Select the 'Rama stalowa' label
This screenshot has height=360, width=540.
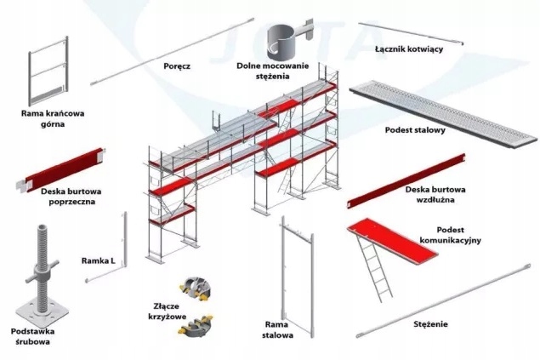coord(278,329)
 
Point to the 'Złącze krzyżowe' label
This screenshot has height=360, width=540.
coord(165,310)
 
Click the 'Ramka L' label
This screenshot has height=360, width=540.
coord(98,260)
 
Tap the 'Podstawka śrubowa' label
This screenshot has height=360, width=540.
coord(31,335)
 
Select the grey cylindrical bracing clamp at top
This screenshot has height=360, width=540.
coord(286,39)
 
